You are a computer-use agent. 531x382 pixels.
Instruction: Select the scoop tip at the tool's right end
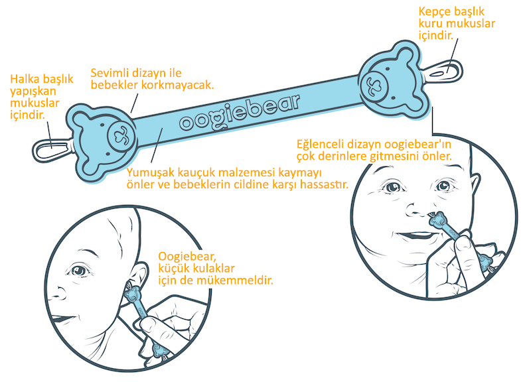coord(447,68)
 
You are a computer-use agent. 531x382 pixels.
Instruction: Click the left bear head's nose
coord(120,134)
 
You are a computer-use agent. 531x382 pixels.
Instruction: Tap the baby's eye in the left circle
coord(81,271)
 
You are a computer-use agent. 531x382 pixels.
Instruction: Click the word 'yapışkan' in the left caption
coord(33,92)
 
